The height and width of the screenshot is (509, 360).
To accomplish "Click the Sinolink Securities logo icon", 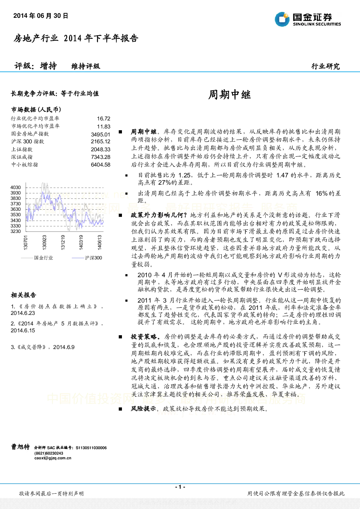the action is (282, 19).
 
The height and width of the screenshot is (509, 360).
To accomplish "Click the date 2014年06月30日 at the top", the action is (41, 16).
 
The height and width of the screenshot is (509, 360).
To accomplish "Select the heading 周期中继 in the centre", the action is (230, 95).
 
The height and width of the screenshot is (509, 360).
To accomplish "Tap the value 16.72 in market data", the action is (104, 119).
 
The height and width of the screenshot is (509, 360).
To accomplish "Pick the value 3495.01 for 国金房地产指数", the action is (101, 134).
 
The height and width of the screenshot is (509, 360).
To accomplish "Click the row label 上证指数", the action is (22, 149).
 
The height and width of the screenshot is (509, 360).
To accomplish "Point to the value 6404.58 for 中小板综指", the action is (101, 164).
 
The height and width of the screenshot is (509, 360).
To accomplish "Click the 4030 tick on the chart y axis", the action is (16, 188).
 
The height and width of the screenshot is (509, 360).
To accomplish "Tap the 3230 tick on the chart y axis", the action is (16, 231).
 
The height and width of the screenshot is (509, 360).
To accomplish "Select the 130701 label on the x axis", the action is (25, 242).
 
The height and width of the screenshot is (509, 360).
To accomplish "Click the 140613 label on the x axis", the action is (99, 242).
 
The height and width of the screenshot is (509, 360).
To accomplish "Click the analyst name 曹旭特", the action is (20, 447).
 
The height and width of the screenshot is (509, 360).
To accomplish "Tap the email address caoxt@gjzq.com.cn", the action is (53, 458).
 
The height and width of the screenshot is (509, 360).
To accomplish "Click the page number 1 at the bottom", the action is (180, 487).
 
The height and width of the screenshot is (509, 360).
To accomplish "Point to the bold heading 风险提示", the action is (143, 409).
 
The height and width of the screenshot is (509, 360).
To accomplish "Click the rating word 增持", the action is (48, 66).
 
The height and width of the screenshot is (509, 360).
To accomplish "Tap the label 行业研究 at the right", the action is (326, 66).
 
